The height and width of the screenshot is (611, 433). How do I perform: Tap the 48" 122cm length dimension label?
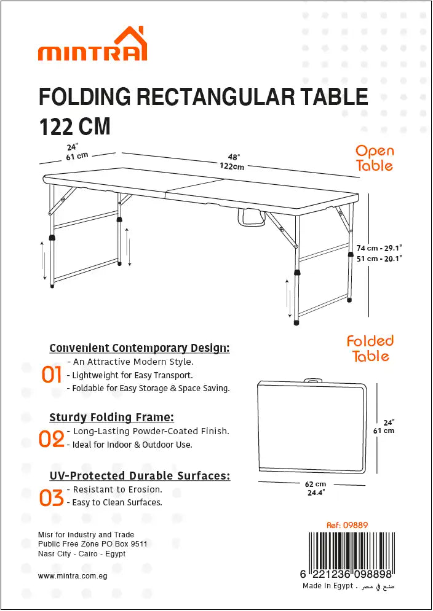(x=232, y=162)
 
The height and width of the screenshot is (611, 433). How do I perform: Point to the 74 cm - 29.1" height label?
(x=379, y=248)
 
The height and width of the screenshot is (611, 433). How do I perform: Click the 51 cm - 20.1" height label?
(x=379, y=259)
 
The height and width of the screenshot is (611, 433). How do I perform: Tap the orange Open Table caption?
(x=374, y=158)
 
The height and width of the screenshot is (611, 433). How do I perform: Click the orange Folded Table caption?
(x=370, y=349)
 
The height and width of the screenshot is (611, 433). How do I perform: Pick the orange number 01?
(x=52, y=375)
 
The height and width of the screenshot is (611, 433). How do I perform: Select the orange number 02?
(x=52, y=439)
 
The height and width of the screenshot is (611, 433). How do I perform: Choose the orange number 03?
(x=52, y=498)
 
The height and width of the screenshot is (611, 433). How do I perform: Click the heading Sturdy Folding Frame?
(x=111, y=418)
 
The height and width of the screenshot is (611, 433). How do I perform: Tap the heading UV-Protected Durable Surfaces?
(x=140, y=476)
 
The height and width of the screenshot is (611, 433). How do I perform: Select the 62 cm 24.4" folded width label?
(x=316, y=488)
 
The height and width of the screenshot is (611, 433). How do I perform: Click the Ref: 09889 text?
(x=347, y=525)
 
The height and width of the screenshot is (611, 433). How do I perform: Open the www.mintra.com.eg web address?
(x=73, y=576)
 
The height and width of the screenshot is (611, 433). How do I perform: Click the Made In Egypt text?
(x=328, y=586)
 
